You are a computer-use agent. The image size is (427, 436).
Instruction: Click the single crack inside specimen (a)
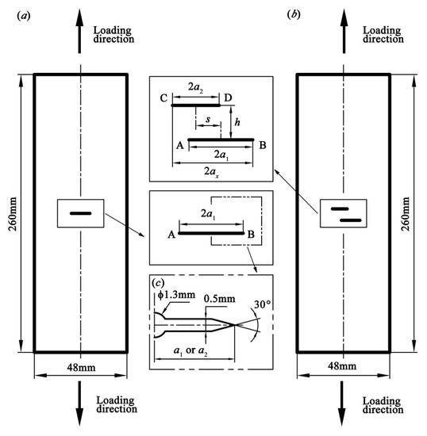click(79, 213)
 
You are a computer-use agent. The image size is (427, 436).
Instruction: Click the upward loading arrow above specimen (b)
click(342, 32)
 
